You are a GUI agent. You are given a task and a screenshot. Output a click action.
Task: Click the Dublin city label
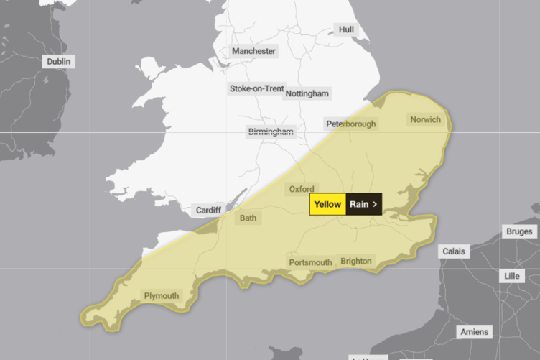click(59, 62)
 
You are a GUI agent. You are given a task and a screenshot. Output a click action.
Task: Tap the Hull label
click(346, 29)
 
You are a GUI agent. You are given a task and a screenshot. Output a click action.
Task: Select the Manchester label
click(253, 51)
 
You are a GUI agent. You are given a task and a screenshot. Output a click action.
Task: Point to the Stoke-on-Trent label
click(256, 88)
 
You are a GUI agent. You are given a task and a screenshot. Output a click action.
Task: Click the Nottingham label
click(307, 94)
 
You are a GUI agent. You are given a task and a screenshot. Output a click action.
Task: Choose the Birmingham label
click(271, 131)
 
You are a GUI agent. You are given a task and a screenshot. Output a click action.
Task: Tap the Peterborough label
click(351, 124)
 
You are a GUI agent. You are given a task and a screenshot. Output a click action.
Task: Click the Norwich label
click(425, 119)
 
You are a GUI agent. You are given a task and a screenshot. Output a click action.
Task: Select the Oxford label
click(302, 189)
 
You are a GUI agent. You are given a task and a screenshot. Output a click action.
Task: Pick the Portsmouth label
click(310, 262)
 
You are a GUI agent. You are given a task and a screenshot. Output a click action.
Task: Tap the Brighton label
click(356, 261)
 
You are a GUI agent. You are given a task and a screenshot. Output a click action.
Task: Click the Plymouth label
click(162, 295)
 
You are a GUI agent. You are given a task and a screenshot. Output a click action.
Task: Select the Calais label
click(453, 251)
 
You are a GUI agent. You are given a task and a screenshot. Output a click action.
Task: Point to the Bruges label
click(518, 231)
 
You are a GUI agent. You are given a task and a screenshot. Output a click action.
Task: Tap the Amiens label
click(474, 332)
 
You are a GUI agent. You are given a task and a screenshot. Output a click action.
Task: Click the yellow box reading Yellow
click(327, 204)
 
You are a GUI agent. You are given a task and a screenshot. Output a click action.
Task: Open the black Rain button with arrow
click(364, 204)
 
